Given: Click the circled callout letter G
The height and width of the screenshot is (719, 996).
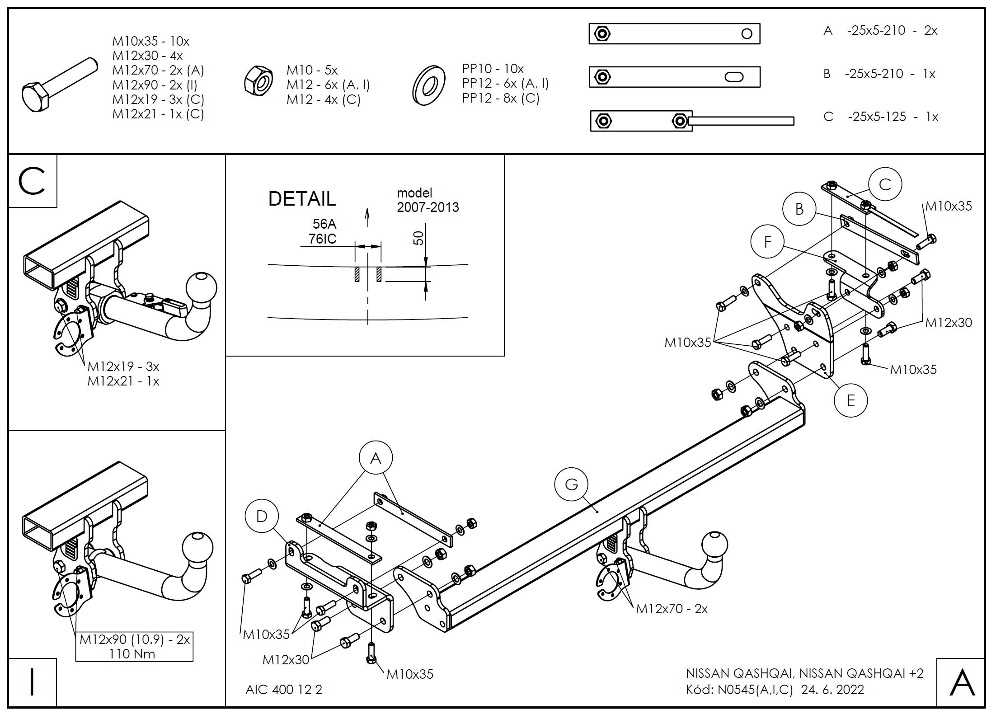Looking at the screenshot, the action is (x=572, y=484).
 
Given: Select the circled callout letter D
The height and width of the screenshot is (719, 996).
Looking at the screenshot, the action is (x=262, y=517).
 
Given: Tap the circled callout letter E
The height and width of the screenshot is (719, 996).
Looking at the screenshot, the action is (x=851, y=400).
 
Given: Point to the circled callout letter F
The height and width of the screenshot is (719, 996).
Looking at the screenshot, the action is (x=767, y=242).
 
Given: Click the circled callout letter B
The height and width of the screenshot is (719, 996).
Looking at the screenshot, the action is (x=799, y=209).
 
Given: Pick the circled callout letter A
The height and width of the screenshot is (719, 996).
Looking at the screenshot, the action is (x=376, y=458).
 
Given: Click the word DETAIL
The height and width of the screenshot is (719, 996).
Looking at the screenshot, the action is (x=302, y=199).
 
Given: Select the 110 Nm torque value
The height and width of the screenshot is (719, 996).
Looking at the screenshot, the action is (x=132, y=654).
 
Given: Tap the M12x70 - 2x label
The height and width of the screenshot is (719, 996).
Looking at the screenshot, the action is (x=672, y=609).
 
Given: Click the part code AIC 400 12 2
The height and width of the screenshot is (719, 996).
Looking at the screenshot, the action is (x=284, y=690).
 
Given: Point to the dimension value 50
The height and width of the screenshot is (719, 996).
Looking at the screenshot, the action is (x=419, y=238).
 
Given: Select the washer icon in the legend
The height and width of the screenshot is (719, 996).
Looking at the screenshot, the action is (x=429, y=85).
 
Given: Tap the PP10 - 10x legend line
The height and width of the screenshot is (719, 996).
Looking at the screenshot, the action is (x=493, y=69).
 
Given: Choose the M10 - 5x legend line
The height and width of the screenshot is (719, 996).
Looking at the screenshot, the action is (x=312, y=70).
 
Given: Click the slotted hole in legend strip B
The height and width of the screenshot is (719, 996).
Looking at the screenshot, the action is (x=734, y=77).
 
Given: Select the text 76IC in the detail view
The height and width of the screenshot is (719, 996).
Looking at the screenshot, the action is (x=323, y=239).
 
